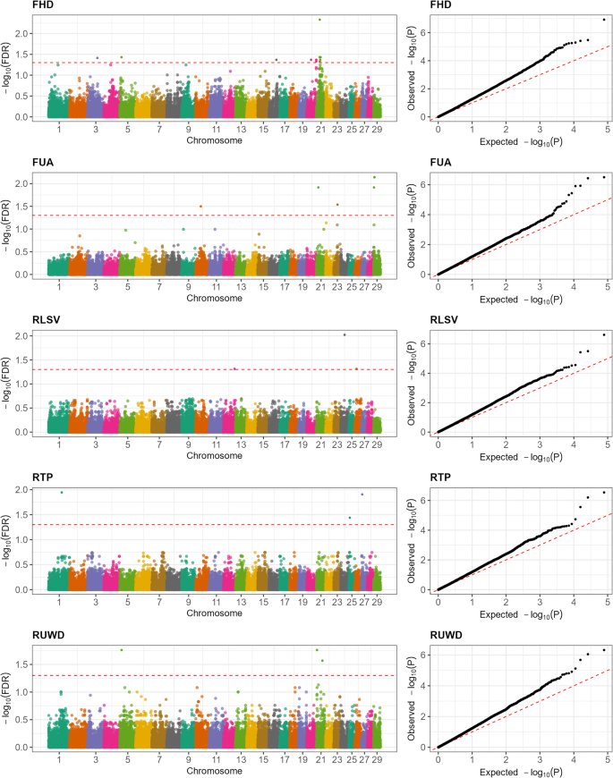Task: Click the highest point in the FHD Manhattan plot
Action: [x=319, y=20]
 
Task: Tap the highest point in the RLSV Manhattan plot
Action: [x=345, y=334]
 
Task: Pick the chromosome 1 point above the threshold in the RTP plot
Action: [x=61, y=493]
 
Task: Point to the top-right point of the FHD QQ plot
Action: [x=604, y=20]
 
